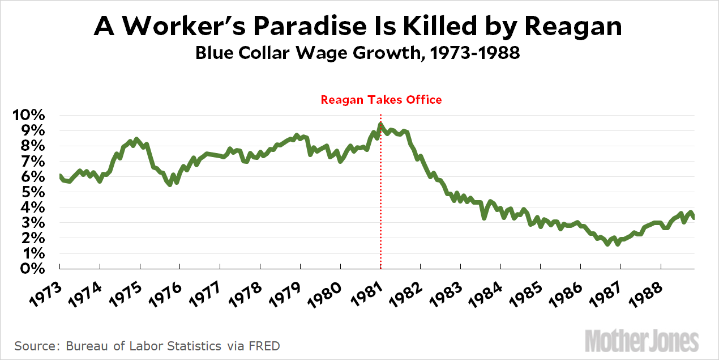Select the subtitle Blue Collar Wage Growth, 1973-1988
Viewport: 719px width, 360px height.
[357, 54]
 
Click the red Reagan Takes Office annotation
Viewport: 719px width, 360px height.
[381, 100]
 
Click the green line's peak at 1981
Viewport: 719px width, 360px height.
[380, 124]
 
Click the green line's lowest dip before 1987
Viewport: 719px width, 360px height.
[607, 244]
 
